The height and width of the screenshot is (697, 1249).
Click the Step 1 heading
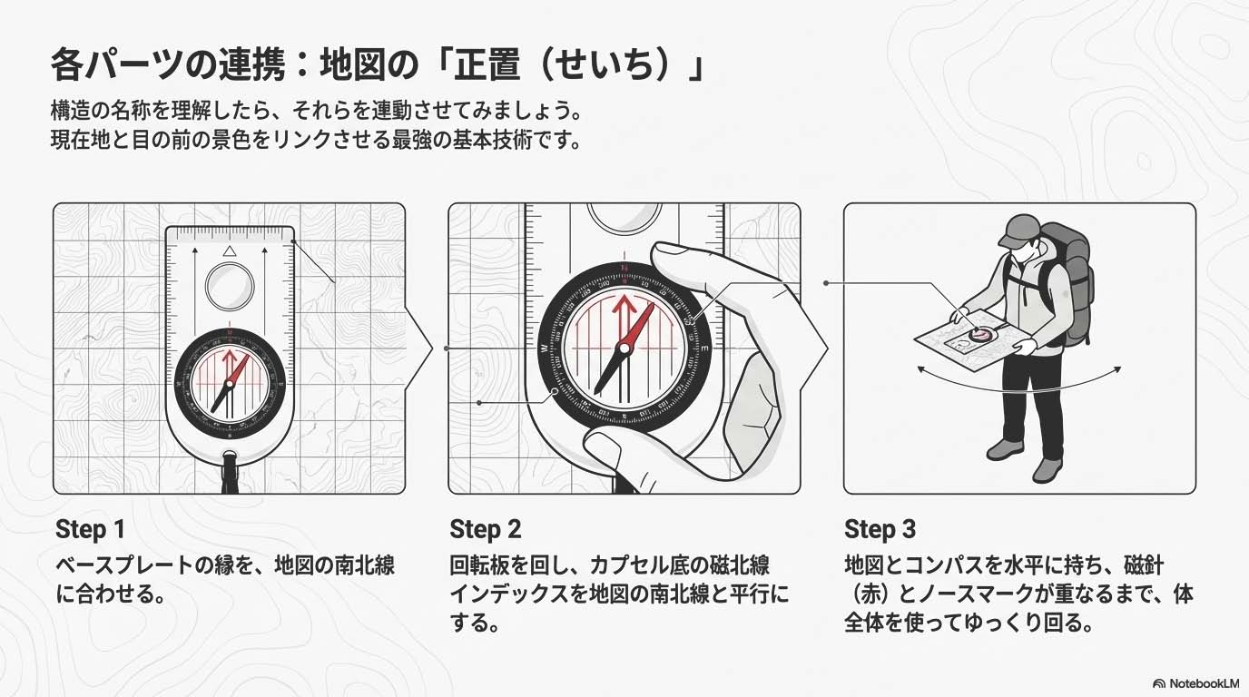tap(91, 529)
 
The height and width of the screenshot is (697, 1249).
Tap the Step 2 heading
tap(485, 529)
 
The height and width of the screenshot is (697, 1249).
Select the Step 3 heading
tap(880, 529)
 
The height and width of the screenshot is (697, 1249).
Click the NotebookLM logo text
tap(1204, 683)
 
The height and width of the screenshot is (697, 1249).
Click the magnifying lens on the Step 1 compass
tap(230, 287)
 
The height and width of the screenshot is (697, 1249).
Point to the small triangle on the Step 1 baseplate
tap(229, 250)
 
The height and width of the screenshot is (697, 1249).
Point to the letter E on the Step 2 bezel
tap(704, 349)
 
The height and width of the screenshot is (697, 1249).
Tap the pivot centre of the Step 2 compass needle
tap(624, 349)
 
